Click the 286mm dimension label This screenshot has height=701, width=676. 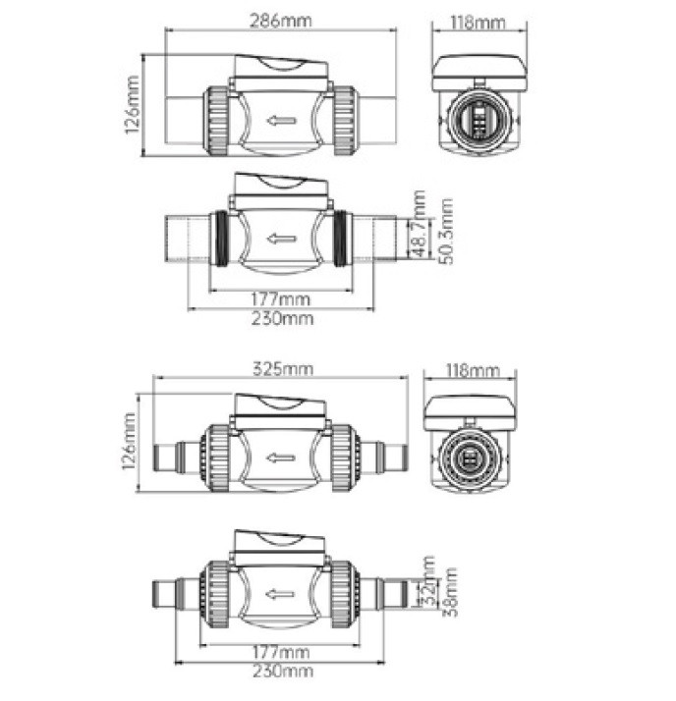coord(280,21)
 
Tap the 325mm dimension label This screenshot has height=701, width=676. coord(283,369)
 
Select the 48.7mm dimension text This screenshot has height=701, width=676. coord(419,224)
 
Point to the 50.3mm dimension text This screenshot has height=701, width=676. coord(446,231)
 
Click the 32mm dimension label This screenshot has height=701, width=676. coord(427,580)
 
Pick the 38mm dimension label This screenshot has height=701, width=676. coord(450,592)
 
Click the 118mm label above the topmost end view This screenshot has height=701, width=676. coord(478,22)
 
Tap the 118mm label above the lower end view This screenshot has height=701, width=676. coord(472,370)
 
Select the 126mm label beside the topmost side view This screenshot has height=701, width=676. coord(132,105)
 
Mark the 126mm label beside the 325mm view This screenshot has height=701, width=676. coord(129,441)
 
